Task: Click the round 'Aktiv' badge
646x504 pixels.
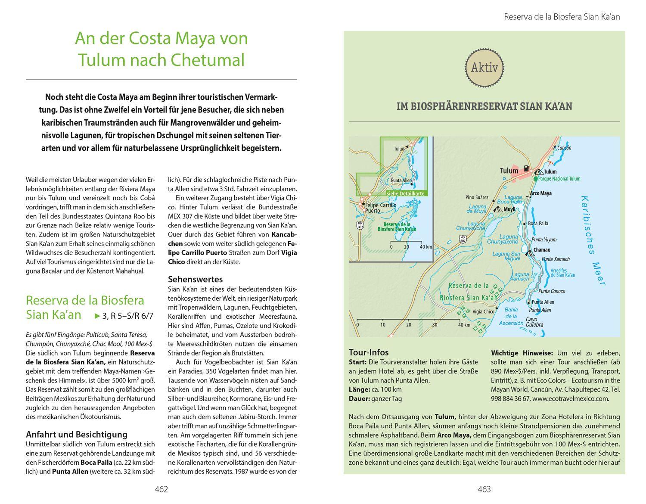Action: [484, 68]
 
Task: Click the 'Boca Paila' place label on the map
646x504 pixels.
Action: [538, 223]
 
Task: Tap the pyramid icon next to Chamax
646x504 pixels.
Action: [529, 253]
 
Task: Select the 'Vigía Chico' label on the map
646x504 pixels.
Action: [483, 311]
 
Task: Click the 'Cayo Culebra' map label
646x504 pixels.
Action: [534, 322]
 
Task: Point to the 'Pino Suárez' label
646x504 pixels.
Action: [477, 197]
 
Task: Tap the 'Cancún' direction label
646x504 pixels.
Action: [564, 148]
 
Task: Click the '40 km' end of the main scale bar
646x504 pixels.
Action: [464, 325]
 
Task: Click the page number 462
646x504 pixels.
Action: [161, 489]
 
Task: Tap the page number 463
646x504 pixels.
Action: [484, 489]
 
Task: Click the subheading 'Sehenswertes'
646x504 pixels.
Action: [189, 279]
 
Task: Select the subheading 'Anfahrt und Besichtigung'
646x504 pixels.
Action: [76, 434]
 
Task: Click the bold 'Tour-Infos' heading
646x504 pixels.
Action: [369, 352]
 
